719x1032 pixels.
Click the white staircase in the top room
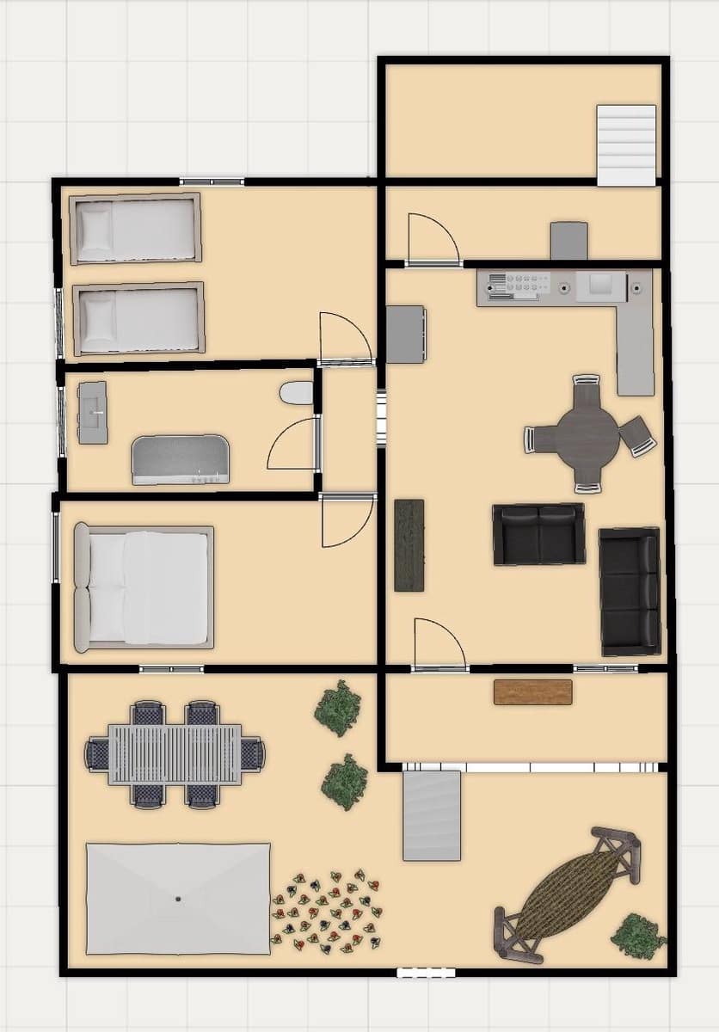click(627, 144)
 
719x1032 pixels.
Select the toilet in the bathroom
click(297, 393)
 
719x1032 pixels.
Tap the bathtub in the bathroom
click(181, 459)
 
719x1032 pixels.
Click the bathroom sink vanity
click(93, 413)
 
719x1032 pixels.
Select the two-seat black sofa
click(539, 534)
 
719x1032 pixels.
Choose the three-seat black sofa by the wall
click(630, 591)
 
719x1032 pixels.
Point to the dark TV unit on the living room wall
click(409, 545)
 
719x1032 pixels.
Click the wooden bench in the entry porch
click(533, 692)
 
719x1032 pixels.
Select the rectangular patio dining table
click(175, 754)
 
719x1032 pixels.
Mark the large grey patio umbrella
click(178, 899)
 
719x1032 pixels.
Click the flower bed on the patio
click(327, 912)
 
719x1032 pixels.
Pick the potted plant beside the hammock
click(639, 937)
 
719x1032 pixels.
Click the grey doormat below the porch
click(432, 815)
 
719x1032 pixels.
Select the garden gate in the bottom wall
click(426, 973)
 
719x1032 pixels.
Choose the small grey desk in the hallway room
click(569, 241)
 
